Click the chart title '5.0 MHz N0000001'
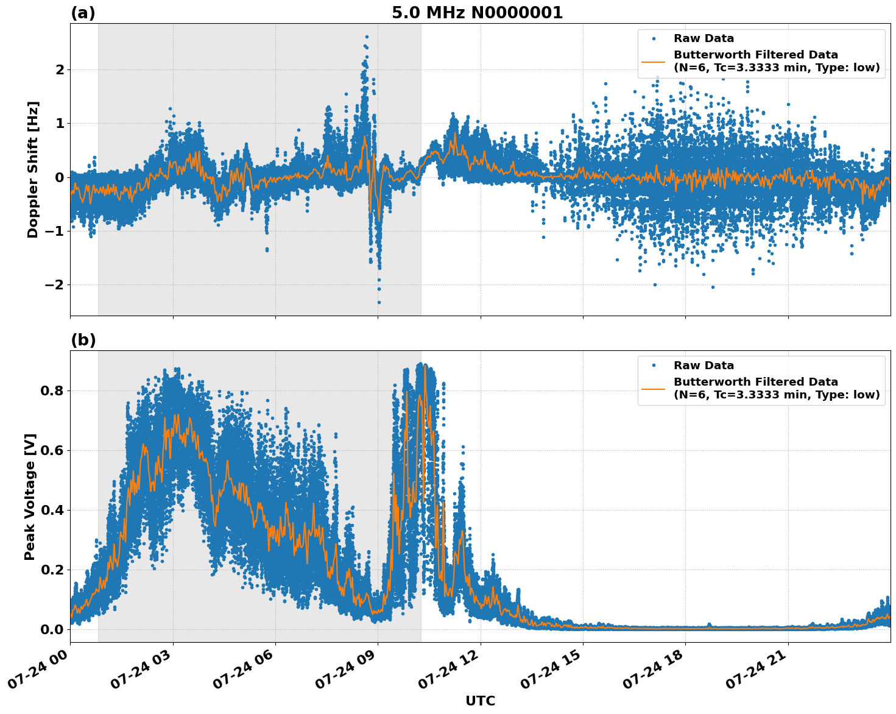(x=477, y=13)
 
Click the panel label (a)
(x=83, y=13)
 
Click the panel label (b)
(x=83, y=340)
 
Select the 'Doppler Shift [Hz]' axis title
(x=33, y=169)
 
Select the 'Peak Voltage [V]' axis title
(x=30, y=497)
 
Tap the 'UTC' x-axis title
(x=480, y=701)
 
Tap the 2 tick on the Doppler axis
(x=60, y=69)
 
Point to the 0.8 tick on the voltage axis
(x=53, y=391)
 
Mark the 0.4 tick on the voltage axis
(x=53, y=510)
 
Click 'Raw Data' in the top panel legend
(x=704, y=38)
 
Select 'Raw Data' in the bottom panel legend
(x=704, y=366)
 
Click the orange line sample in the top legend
(x=653, y=61)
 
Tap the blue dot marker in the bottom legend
(x=653, y=366)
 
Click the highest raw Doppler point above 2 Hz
(x=367, y=37)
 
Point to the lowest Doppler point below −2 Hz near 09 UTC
(x=379, y=302)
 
